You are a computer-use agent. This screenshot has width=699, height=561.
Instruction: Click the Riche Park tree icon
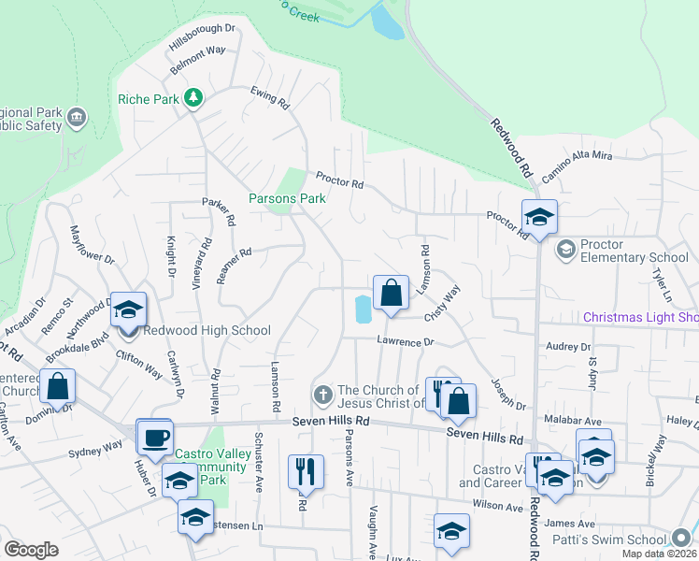[x=193, y=97]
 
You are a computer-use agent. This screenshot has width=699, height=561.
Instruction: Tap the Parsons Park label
[x=287, y=198]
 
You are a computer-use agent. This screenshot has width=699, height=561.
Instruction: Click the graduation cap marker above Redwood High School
[x=128, y=309]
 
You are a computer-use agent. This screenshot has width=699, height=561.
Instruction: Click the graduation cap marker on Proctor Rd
[x=539, y=217]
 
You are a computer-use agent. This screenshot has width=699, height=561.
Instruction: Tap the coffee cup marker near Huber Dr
[x=155, y=435]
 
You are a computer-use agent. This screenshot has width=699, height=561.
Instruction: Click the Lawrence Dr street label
[x=406, y=342]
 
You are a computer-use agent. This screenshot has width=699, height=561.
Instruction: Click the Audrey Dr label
[x=569, y=347]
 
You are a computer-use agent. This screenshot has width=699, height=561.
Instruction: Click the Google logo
[x=31, y=549]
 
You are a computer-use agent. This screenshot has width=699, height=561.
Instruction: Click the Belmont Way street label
[x=198, y=61]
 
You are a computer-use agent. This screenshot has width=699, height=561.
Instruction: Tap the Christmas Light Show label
[x=641, y=317]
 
